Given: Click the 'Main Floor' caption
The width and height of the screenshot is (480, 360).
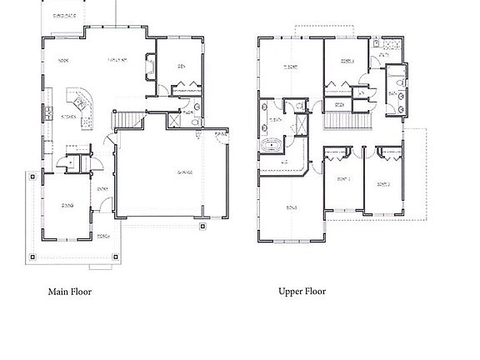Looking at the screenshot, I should (x=69, y=292).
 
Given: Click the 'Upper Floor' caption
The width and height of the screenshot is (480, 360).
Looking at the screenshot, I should (x=302, y=292).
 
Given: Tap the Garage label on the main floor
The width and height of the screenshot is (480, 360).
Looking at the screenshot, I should (x=184, y=172).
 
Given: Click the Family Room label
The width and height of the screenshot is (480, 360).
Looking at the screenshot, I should (x=117, y=61).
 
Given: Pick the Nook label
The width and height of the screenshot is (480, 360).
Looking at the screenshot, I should (x=62, y=61).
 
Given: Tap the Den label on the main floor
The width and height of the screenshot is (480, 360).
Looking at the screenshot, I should (x=180, y=67).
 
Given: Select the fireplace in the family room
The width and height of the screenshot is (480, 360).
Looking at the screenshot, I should (x=150, y=66).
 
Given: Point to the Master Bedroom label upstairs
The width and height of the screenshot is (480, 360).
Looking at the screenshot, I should (x=291, y=67).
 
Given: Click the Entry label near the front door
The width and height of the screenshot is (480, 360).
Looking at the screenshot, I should (x=103, y=188).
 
